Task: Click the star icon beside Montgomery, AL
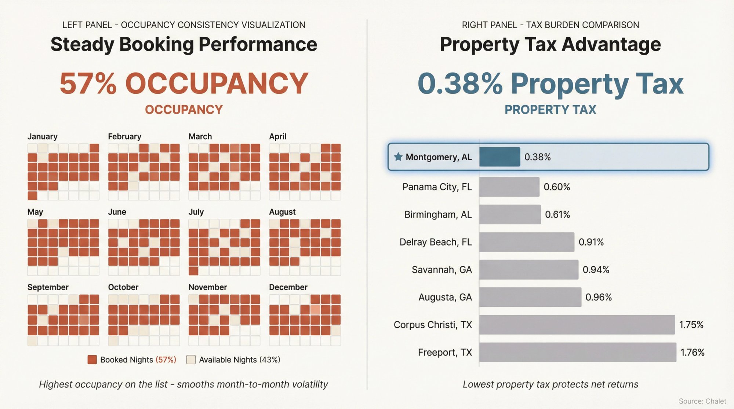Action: (398, 157)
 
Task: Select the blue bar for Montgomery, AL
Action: (499, 157)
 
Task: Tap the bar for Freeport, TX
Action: (577, 352)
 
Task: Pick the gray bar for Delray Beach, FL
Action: (526, 242)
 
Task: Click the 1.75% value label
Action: (691, 325)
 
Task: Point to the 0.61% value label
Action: (557, 214)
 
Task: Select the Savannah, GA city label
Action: (442, 270)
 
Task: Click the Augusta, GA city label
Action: (445, 297)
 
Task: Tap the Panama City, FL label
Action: (437, 187)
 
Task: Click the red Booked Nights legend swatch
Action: (92, 360)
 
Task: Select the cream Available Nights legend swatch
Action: (191, 360)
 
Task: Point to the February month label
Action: (124, 136)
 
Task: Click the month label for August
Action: (282, 212)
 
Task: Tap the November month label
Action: (207, 287)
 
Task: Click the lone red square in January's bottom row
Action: (32, 195)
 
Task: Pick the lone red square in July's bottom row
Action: (193, 271)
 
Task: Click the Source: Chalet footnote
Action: (702, 401)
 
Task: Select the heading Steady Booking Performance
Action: (183, 44)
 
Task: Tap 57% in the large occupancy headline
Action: (88, 84)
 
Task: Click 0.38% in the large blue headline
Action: (460, 84)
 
